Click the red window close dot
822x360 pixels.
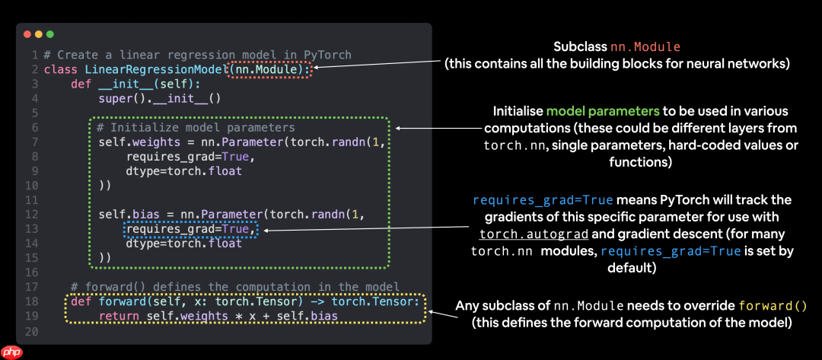27,35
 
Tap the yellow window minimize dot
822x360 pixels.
39,35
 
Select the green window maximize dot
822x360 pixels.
50,35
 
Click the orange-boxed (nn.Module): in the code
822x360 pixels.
270,69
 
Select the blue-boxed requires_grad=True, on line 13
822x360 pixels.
191,229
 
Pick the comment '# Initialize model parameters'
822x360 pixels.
196,128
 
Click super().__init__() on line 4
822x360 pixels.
159,98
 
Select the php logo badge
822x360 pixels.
11,352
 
